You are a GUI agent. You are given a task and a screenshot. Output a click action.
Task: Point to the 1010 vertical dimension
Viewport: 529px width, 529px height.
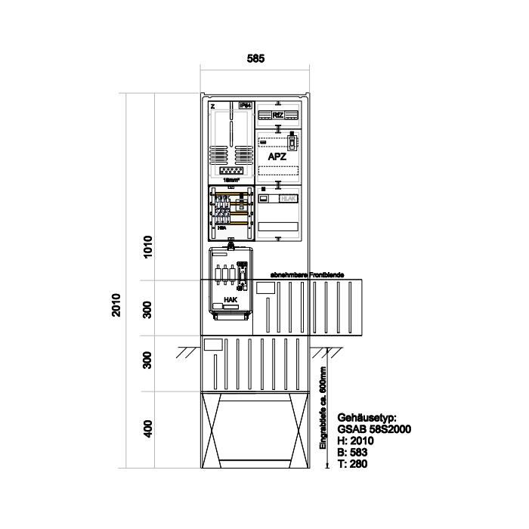[148, 246]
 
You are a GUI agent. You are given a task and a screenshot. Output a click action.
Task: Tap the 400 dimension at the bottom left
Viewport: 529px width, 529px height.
[148, 428]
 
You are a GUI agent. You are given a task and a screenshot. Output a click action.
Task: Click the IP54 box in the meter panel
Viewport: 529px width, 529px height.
[244, 106]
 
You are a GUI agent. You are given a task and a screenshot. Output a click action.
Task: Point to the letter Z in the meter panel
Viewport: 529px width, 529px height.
[212, 106]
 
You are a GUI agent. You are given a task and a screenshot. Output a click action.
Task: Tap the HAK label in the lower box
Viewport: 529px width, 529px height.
[231, 300]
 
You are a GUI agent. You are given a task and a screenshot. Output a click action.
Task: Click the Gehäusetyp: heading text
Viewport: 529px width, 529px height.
[367, 416]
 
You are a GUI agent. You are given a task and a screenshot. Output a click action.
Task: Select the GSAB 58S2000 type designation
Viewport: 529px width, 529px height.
[374, 428]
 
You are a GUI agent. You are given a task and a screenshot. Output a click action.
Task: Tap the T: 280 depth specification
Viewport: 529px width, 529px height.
[352, 463]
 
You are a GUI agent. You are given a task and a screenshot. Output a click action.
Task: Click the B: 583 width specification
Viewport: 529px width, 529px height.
[352, 451]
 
